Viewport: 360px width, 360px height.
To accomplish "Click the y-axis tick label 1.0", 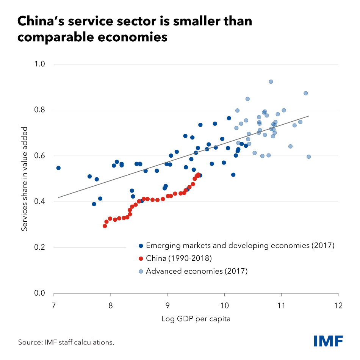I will pyautogui.click(x=40, y=64).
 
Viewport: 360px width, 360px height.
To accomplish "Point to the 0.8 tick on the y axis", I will pyautogui.click(x=40, y=110).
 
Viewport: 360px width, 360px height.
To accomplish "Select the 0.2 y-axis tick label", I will pyautogui.click(x=40, y=247).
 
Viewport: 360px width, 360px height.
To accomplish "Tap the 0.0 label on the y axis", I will pyautogui.click(x=40, y=293).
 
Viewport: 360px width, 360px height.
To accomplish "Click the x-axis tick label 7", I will pyautogui.click(x=54, y=305).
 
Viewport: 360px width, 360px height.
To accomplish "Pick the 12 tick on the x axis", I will pyautogui.click(x=338, y=305).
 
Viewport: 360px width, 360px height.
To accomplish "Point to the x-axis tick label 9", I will pyautogui.click(x=167, y=305).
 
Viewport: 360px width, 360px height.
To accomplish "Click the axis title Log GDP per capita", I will pyautogui.click(x=196, y=319).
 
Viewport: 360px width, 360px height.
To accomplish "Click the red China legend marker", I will pyautogui.click(x=141, y=258).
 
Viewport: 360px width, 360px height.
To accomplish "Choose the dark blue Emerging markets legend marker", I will pyautogui.click(x=141, y=246).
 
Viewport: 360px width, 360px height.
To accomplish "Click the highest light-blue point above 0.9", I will pyautogui.click(x=271, y=81).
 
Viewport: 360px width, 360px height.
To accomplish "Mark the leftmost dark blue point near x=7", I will pyautogui.click(x=58, y=168).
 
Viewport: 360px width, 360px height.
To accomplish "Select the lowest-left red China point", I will pyautogui.click(x=105, y=226).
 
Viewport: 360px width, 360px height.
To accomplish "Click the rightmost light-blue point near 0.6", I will pyautogui.click(x=308, y=157).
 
